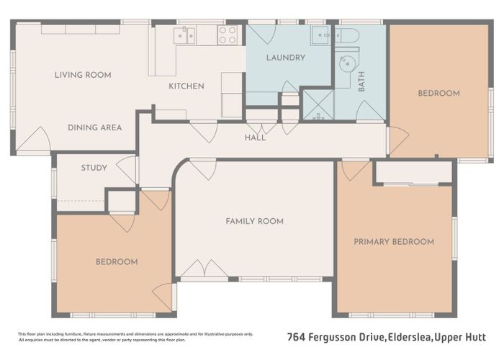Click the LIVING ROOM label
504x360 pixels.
(x=83, y=75)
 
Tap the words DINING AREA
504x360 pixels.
(x=94, y=127)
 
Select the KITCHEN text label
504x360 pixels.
(x=186, y=86)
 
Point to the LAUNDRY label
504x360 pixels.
(x=286, y=58)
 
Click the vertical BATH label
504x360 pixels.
(x=361, y=85)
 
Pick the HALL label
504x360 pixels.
(x=255, y=138)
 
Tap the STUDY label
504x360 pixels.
(x=94, y=168)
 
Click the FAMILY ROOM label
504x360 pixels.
(x=254, y=221)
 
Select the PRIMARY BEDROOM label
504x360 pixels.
(x=394, y=242)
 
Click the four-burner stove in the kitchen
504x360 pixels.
(x=227, y=35)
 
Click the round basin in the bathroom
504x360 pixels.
(x=347, y=63)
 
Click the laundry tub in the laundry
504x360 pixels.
(x=320, y=35)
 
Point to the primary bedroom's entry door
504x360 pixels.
(x=355, y=171)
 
